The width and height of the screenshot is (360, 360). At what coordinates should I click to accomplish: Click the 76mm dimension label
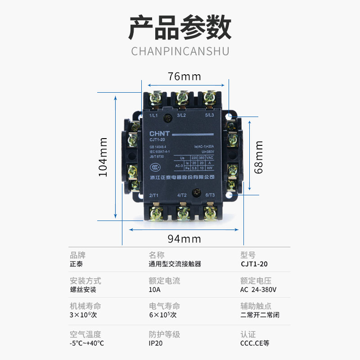coord(184,76)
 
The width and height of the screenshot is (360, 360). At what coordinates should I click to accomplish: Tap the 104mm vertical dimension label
coord(103,157)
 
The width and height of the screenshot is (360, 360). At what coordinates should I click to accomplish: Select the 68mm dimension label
coord(259,157)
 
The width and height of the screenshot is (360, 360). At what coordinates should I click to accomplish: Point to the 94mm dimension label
coord(184,239)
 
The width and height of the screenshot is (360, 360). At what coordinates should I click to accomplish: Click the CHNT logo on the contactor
coord(159,134)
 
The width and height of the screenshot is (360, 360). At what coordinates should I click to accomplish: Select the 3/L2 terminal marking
coord(182,115)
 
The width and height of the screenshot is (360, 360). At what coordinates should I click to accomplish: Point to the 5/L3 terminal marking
coord(210,115)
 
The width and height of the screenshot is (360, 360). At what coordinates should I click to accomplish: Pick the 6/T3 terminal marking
coord(210,195)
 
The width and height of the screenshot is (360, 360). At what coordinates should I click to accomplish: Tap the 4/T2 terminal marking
coord(182,195)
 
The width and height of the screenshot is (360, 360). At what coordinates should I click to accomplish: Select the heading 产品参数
coord(180,28)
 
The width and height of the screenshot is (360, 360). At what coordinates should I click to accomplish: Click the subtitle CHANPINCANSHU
coord(180,50)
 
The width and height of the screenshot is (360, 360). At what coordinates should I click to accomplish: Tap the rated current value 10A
coord(154,290)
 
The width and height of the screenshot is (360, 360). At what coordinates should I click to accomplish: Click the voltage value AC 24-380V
coord(259,290)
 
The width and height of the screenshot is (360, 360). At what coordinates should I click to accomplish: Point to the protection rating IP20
coord(156,343)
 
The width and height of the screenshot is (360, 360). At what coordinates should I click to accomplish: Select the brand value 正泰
coord(76,264)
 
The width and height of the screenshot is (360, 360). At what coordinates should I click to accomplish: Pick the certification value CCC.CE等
coord(255,343)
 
